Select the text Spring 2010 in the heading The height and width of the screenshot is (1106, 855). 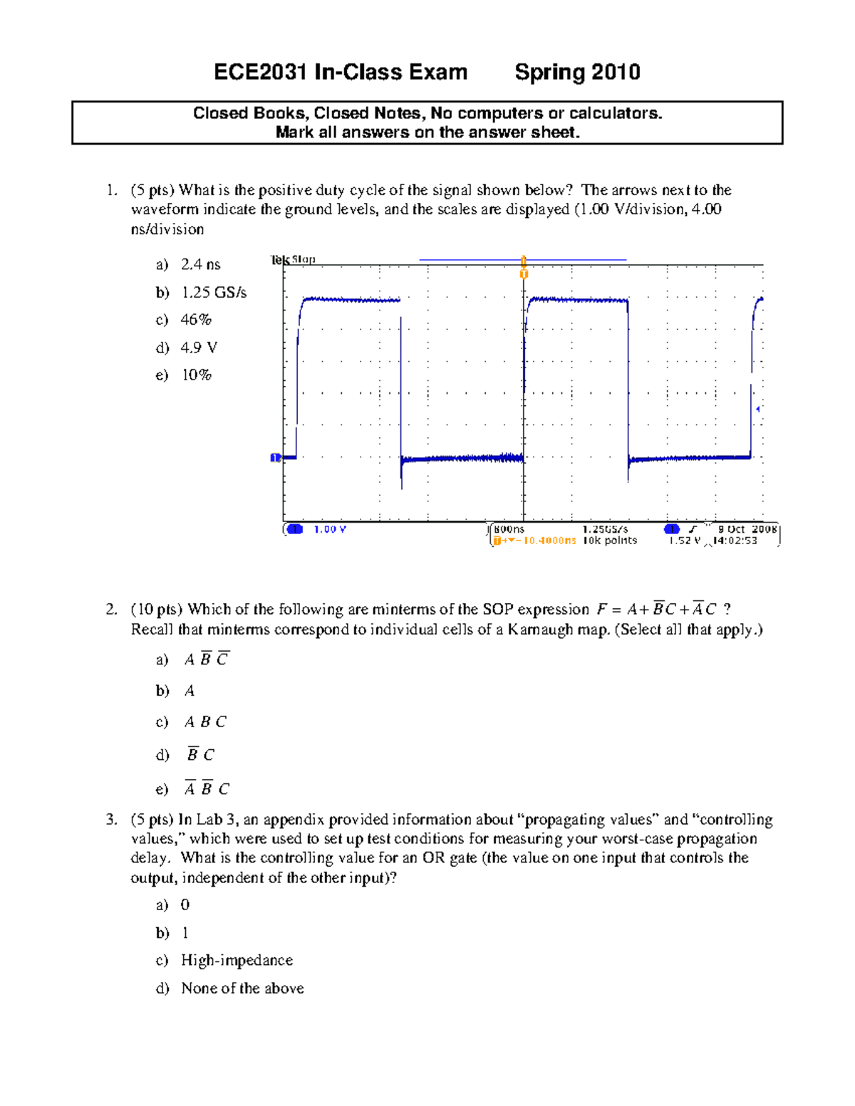coord(577,73)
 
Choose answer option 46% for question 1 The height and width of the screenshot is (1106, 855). coord(196,320)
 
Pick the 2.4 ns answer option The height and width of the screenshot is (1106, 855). coord(200,264)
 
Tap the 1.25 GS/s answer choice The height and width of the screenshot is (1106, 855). coord(214,292)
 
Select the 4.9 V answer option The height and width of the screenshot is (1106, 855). coord(199,348)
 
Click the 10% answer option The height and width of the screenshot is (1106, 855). coord(196,375)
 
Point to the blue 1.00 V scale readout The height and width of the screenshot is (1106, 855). coord(330,530)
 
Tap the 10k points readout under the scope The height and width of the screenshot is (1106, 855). coord(609,541)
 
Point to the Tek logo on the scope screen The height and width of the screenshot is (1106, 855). coord(280,260)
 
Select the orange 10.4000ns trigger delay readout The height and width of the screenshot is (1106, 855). coord(549,541)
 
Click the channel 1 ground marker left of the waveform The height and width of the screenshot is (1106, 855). coord(275,457)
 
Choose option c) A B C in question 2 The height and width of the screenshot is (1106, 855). coord(205,722)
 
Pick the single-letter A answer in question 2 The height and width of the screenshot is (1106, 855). coord(190,691)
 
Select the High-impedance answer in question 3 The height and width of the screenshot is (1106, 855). coord(237,961)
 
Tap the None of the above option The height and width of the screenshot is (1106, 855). coord(242,988)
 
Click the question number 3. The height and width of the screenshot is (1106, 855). coord(111,820)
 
